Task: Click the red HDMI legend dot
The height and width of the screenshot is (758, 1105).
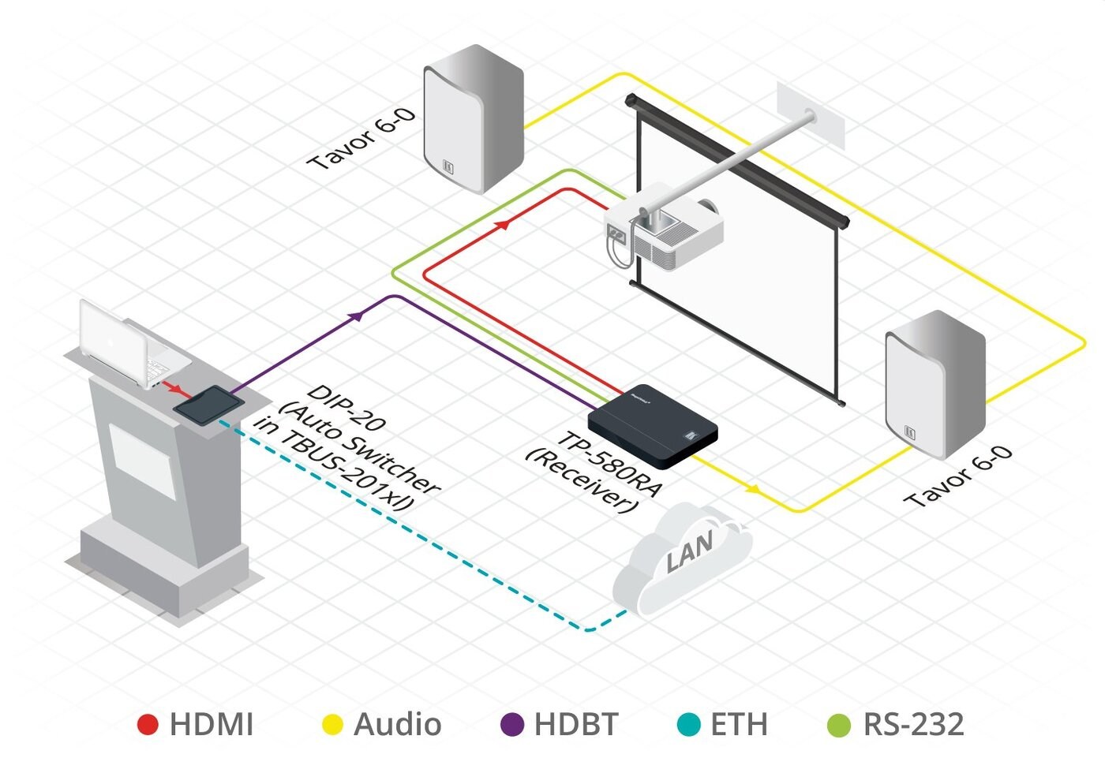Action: tap(148, 724)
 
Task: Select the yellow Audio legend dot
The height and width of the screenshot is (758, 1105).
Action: tap(333, 724)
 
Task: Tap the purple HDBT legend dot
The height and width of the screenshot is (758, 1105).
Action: tap(513, 724)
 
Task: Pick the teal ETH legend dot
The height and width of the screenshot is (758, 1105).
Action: tap(689, 724)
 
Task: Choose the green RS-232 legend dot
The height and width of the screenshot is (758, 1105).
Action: tap(838, 724)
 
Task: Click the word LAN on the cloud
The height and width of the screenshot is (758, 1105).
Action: tap(689, 551)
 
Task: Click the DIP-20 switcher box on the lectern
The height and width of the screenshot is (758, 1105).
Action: tap(208, 405)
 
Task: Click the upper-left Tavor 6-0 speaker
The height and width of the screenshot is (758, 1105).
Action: tap(473, 118)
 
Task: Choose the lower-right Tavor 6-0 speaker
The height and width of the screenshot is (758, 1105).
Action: tap(935, 384)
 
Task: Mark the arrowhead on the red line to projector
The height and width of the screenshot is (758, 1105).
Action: tap(500, 225)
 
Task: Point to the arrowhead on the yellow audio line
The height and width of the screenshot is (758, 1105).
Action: tap(753, 489)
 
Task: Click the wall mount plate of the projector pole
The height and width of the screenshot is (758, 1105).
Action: tap(811, 115)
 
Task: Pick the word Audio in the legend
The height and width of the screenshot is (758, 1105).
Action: tap(397, 724)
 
